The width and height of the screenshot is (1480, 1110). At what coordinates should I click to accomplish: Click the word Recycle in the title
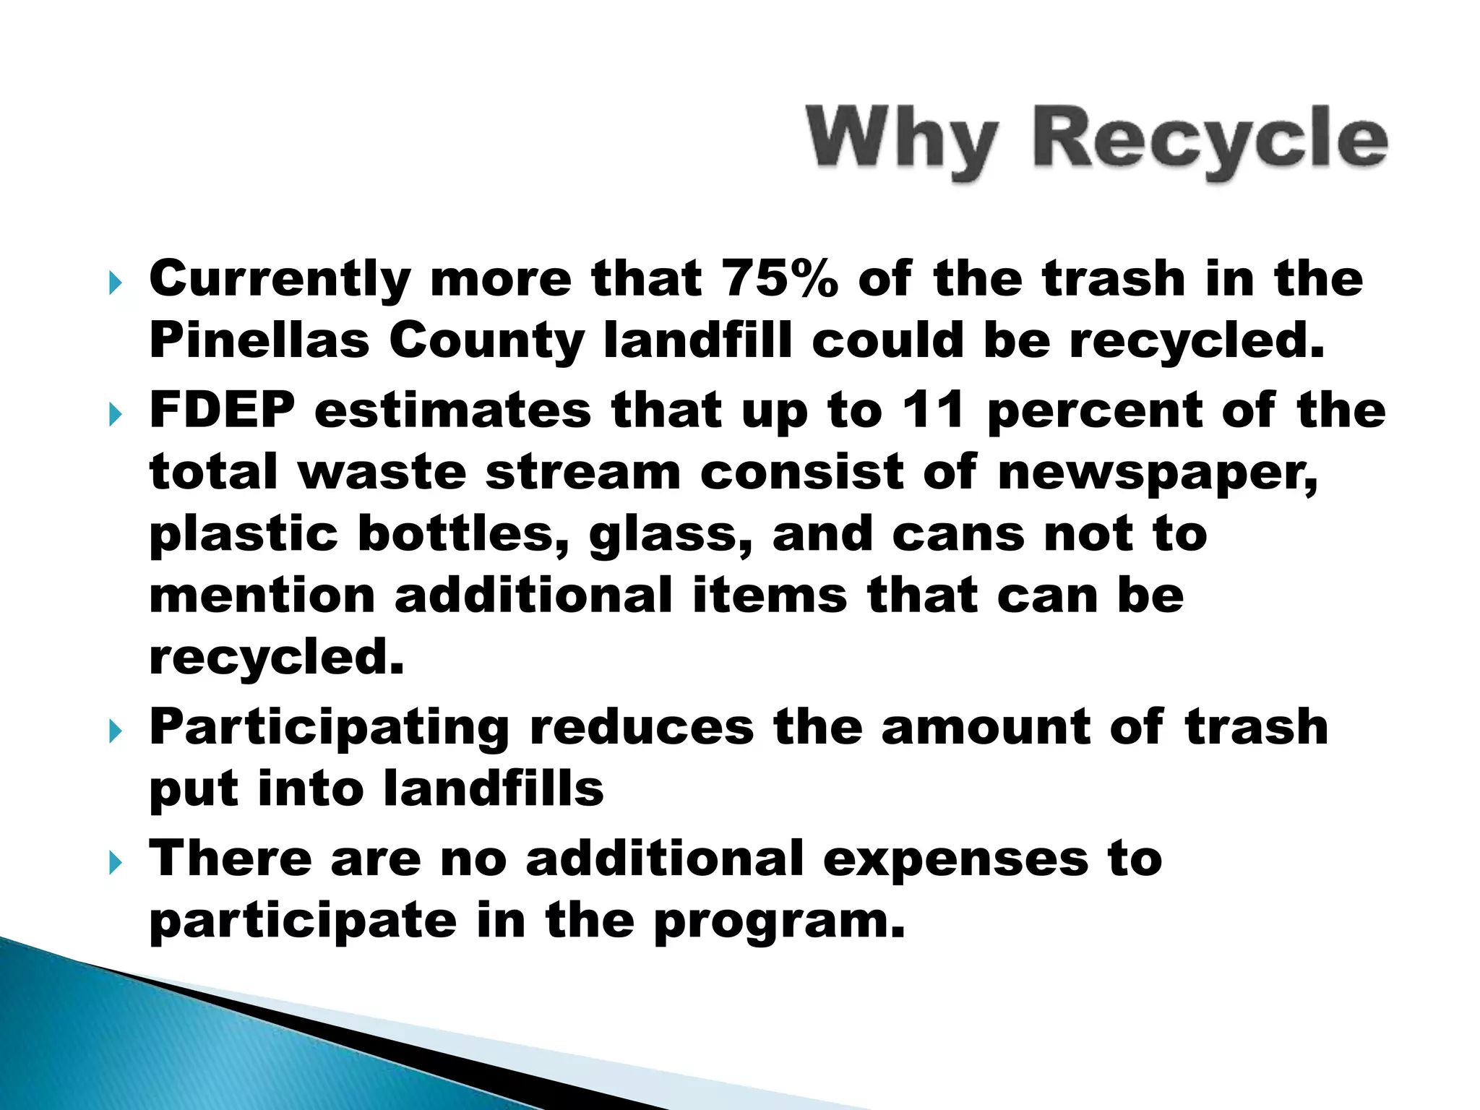point(1210,139)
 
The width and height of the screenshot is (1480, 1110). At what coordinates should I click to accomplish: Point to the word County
point(486,341)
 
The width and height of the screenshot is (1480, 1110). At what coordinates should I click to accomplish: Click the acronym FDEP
point(223,410)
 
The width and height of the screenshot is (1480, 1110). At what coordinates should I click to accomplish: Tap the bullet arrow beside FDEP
point(115,414)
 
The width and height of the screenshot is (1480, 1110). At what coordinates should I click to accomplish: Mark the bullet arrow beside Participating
point(115,731)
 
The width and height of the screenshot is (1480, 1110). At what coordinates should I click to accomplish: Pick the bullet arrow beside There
point(115,862)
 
